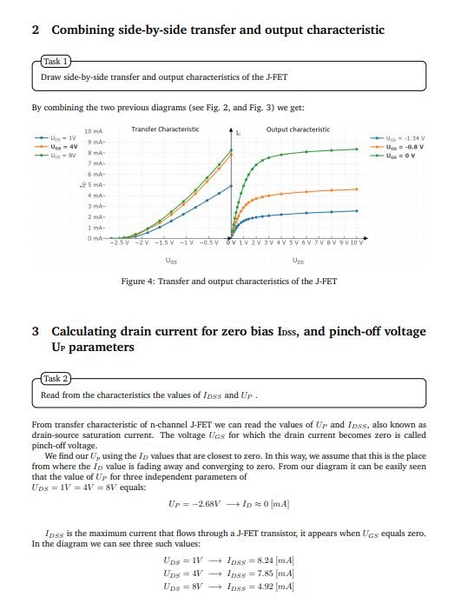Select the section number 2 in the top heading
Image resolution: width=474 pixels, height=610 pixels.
35,30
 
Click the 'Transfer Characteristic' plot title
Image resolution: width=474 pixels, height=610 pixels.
165,129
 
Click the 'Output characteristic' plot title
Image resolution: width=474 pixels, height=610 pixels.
298,129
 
